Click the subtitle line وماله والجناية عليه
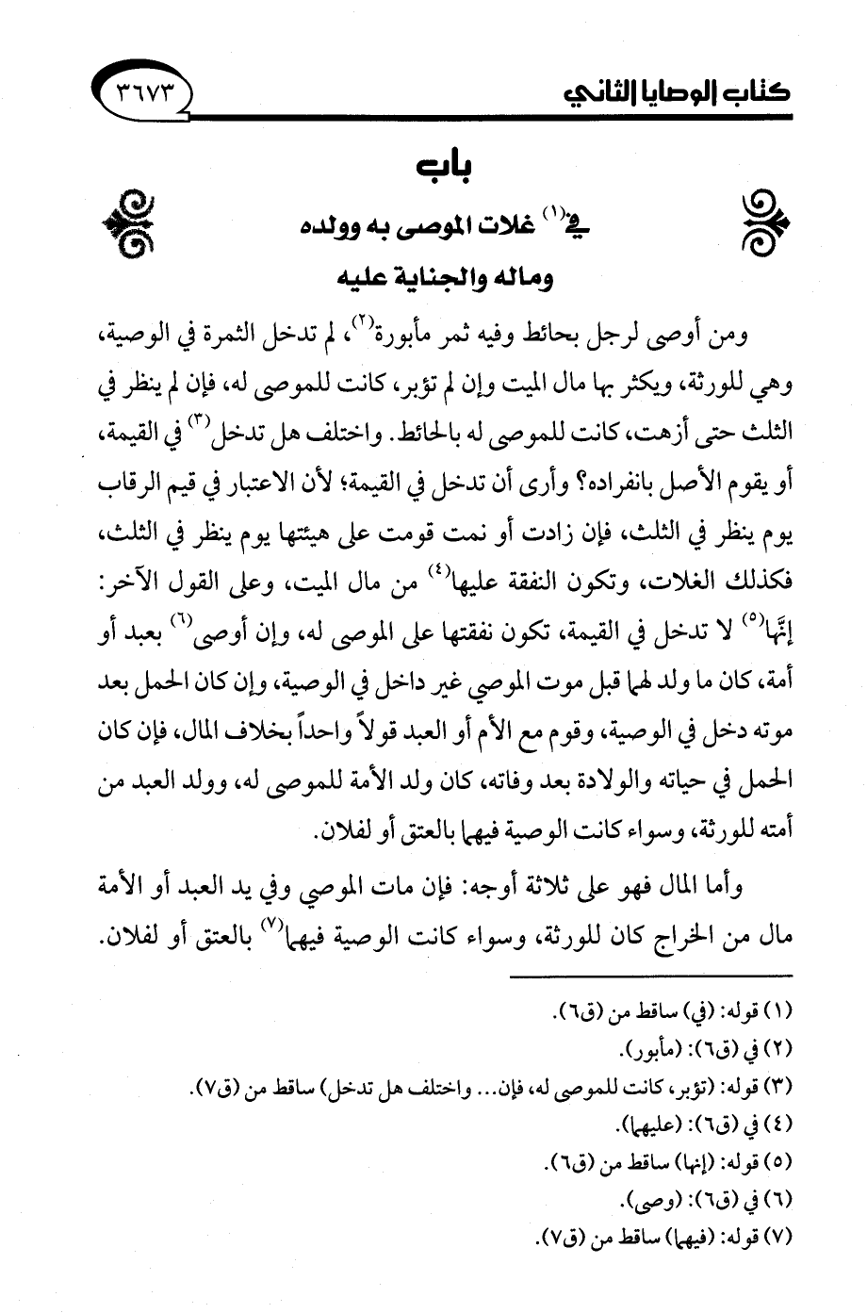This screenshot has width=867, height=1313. point(437,281)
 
